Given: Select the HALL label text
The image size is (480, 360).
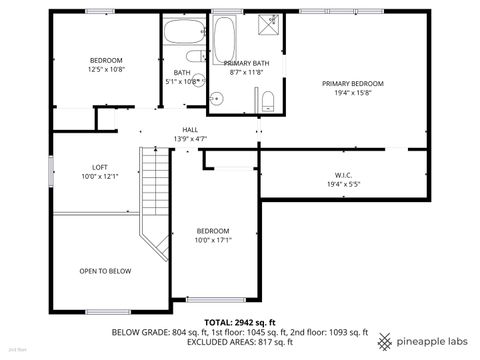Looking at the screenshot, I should coord(190,129).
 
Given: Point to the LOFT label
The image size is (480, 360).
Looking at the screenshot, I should coord(100,167).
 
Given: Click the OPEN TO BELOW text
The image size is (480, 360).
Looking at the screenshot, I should coord(105,271).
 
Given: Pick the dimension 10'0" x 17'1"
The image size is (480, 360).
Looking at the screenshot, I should coord(212,239).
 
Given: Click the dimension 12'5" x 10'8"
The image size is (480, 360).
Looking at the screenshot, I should coord(106,69).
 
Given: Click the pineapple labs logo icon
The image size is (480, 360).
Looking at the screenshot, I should coord(383,341).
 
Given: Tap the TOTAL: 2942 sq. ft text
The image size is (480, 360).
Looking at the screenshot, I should coord(239,322).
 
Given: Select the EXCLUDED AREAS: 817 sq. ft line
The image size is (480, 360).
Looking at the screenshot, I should coord(239,342).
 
